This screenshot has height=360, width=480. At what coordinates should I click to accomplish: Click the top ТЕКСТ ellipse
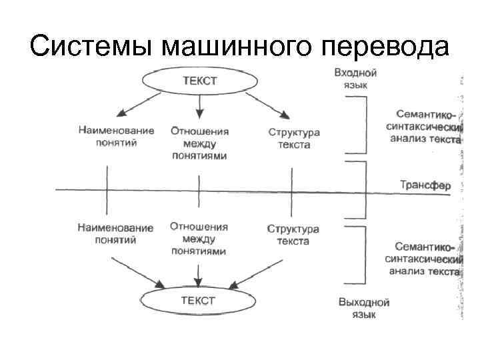pyautogui.click(x=199, y=81)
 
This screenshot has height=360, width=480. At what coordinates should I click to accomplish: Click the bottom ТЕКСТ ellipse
pyautogui.click(x=198, y=301)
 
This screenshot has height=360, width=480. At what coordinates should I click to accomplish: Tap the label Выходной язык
pyautogui.click(x=363, y=308)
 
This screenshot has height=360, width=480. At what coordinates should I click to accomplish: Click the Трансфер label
pyautogui.click(x=425, y=185)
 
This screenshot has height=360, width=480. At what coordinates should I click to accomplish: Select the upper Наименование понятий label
pyautogui.click(x=115, y=137)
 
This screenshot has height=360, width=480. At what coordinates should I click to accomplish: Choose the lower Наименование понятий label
pyautogui.click(x=115, y=234)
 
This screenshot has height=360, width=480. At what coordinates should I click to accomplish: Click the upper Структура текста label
pyautogui.click(x=293, y=138)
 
